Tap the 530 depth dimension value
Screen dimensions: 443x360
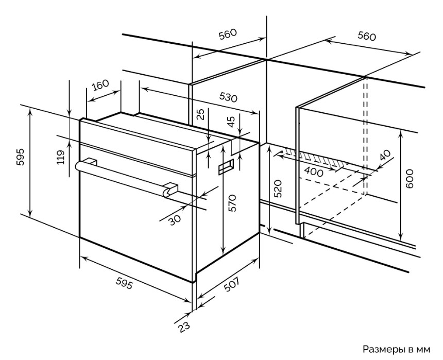[x=228, y=97]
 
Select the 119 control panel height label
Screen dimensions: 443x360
[x=61, y=157]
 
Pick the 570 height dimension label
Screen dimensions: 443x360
[x=232, y=202]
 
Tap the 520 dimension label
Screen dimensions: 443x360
[x=278, y=188]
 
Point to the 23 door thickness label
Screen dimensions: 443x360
[x=184, y=327]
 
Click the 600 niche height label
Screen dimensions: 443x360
[x=410, y=178]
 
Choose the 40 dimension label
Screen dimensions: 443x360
[x=385, y=155]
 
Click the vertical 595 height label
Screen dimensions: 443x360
[x=20, y=157]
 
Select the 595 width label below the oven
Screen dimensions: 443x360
[x=124, y=283]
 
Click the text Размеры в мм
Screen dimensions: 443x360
[x=397, y=349]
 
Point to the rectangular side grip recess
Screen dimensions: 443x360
[x=226, y=166]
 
